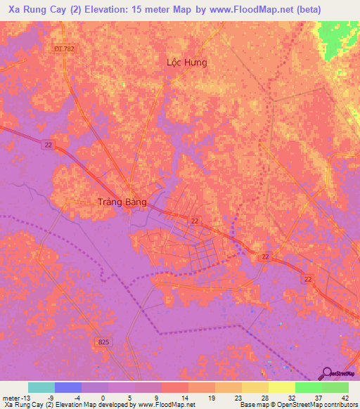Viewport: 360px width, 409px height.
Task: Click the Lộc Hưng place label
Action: [x=186, y=63]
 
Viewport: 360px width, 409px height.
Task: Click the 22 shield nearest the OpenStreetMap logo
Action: [x=309, y=279]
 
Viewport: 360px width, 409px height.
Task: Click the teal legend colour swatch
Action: [x=41, y=387]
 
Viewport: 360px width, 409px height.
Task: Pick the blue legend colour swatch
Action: [x=68, y=387]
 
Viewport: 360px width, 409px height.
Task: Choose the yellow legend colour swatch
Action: [x=281, y=387]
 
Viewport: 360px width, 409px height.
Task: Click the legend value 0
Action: [x=103, y=397]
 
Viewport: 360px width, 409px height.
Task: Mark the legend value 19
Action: [x=210, y=397]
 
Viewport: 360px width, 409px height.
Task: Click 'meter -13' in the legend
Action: [x=15, y=397]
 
